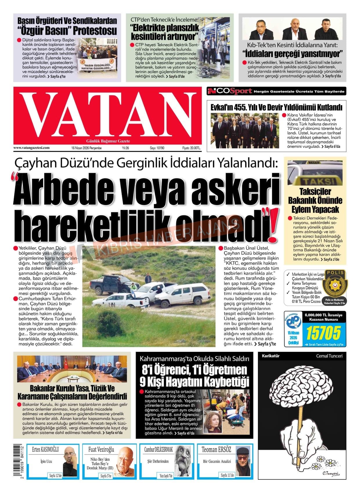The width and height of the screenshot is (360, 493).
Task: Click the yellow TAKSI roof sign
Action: [315, 181]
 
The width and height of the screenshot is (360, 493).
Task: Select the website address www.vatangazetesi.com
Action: [31, 148]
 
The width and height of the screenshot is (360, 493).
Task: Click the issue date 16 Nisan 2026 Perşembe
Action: [86, 148]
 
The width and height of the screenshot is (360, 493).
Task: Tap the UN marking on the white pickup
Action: [112, 304]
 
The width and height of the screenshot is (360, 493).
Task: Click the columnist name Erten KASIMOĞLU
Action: [45, 449]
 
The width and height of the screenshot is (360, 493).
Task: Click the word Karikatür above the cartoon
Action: [270, 356]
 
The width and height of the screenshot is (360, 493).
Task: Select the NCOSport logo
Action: [229, 91]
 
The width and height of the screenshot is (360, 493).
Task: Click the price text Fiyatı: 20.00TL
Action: [191, 148]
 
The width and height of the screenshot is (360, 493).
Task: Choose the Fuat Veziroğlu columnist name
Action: [101, 449]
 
